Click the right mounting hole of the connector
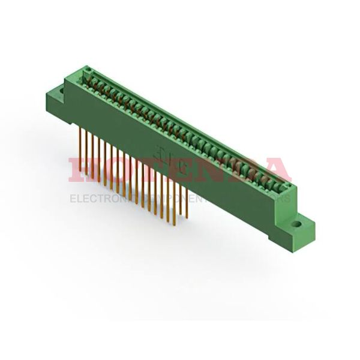(296, 226)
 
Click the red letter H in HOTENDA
(82, 170)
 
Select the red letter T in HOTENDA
(142, 170)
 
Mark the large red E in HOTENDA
(171, 170)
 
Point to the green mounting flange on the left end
(56, 99)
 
